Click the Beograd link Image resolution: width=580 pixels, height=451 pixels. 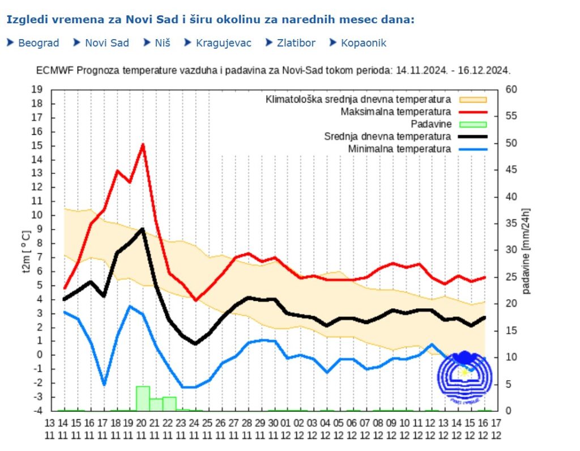click(39, 43)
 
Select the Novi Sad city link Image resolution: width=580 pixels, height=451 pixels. click(106, 43)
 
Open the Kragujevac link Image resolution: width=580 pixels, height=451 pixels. click(223, 43)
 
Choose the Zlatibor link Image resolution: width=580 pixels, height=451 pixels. click(296, 43)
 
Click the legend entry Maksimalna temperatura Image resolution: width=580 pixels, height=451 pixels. click(395, 112)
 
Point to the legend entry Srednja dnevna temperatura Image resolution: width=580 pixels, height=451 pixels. click(387, 137)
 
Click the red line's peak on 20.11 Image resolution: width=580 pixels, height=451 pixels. click(143, 144)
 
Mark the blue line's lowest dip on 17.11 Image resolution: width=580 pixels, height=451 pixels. click(104, 385)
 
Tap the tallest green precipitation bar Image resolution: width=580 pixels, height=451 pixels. click(143, 398)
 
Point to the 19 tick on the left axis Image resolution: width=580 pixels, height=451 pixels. click(38, 90)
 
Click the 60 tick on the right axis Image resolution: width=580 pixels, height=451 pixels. click(511, 90)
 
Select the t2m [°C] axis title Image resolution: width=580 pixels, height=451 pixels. click(26, 252)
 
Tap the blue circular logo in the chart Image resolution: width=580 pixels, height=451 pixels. click(464, 376)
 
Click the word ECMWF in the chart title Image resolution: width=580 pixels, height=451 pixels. click(54, 71)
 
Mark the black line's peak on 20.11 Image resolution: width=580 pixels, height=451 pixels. click(143, 229)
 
